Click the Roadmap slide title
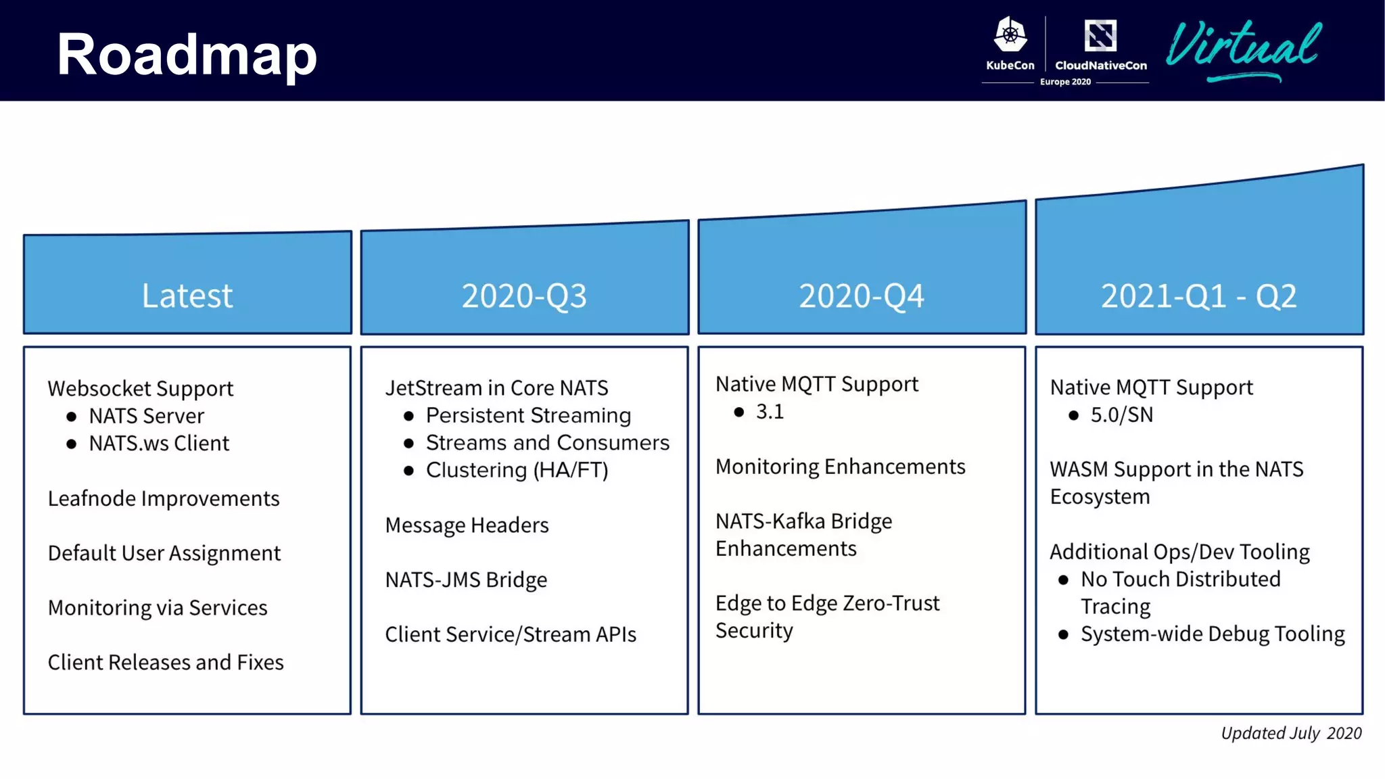click(x=187, y=54)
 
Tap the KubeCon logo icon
click(x=1010, y=35)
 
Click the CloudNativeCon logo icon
click(x=1100, y=36)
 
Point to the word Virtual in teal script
click(x=1243, y=47)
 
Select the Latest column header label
click(x=187, y=296)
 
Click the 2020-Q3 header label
click(x=524, y=296)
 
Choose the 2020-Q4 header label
click(x=861, y=296)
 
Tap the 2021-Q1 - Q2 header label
click(x=1198, y=296)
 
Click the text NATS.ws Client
click(x=159, y=444)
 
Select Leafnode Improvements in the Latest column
click(x=164, y=498)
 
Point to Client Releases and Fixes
click(x=166, y=662)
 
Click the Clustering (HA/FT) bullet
click(x=517, y=470)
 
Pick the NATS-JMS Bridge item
click(x=466, y=580)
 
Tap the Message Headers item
click(x=467, y=525)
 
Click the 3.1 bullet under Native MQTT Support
click(x=770, y=412)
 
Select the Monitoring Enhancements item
click(x=840, y=467)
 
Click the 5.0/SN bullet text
click(x=1121, y=415)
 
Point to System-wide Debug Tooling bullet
click(x=1213, y=634)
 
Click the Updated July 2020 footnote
click(x=1290, y=733)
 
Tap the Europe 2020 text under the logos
click(x=1065, y=82)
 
